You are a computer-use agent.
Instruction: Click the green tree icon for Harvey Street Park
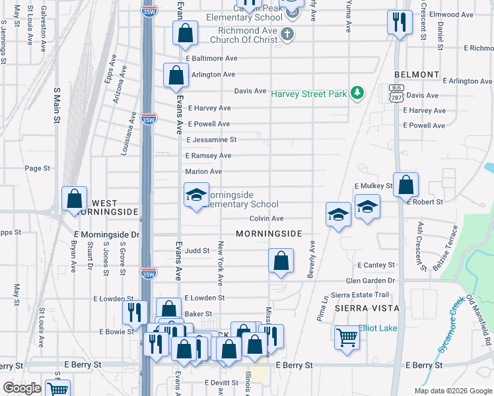pos(357,94)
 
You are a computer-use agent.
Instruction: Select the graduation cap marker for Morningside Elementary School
pos(196,195)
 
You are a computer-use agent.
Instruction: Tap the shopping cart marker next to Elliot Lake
pos(346,337)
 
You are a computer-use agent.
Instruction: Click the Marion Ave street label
pos(203,172)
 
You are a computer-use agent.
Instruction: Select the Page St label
pos(37,168)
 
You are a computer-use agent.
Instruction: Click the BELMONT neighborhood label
pos(417,75)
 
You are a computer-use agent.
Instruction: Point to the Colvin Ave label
pos(266,218)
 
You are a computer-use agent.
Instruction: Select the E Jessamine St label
pos(211,140)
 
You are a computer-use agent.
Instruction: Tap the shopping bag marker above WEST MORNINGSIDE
pos(75,199)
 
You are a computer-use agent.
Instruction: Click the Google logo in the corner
pos(22,388)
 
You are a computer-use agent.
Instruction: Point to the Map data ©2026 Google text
pos(452,391)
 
